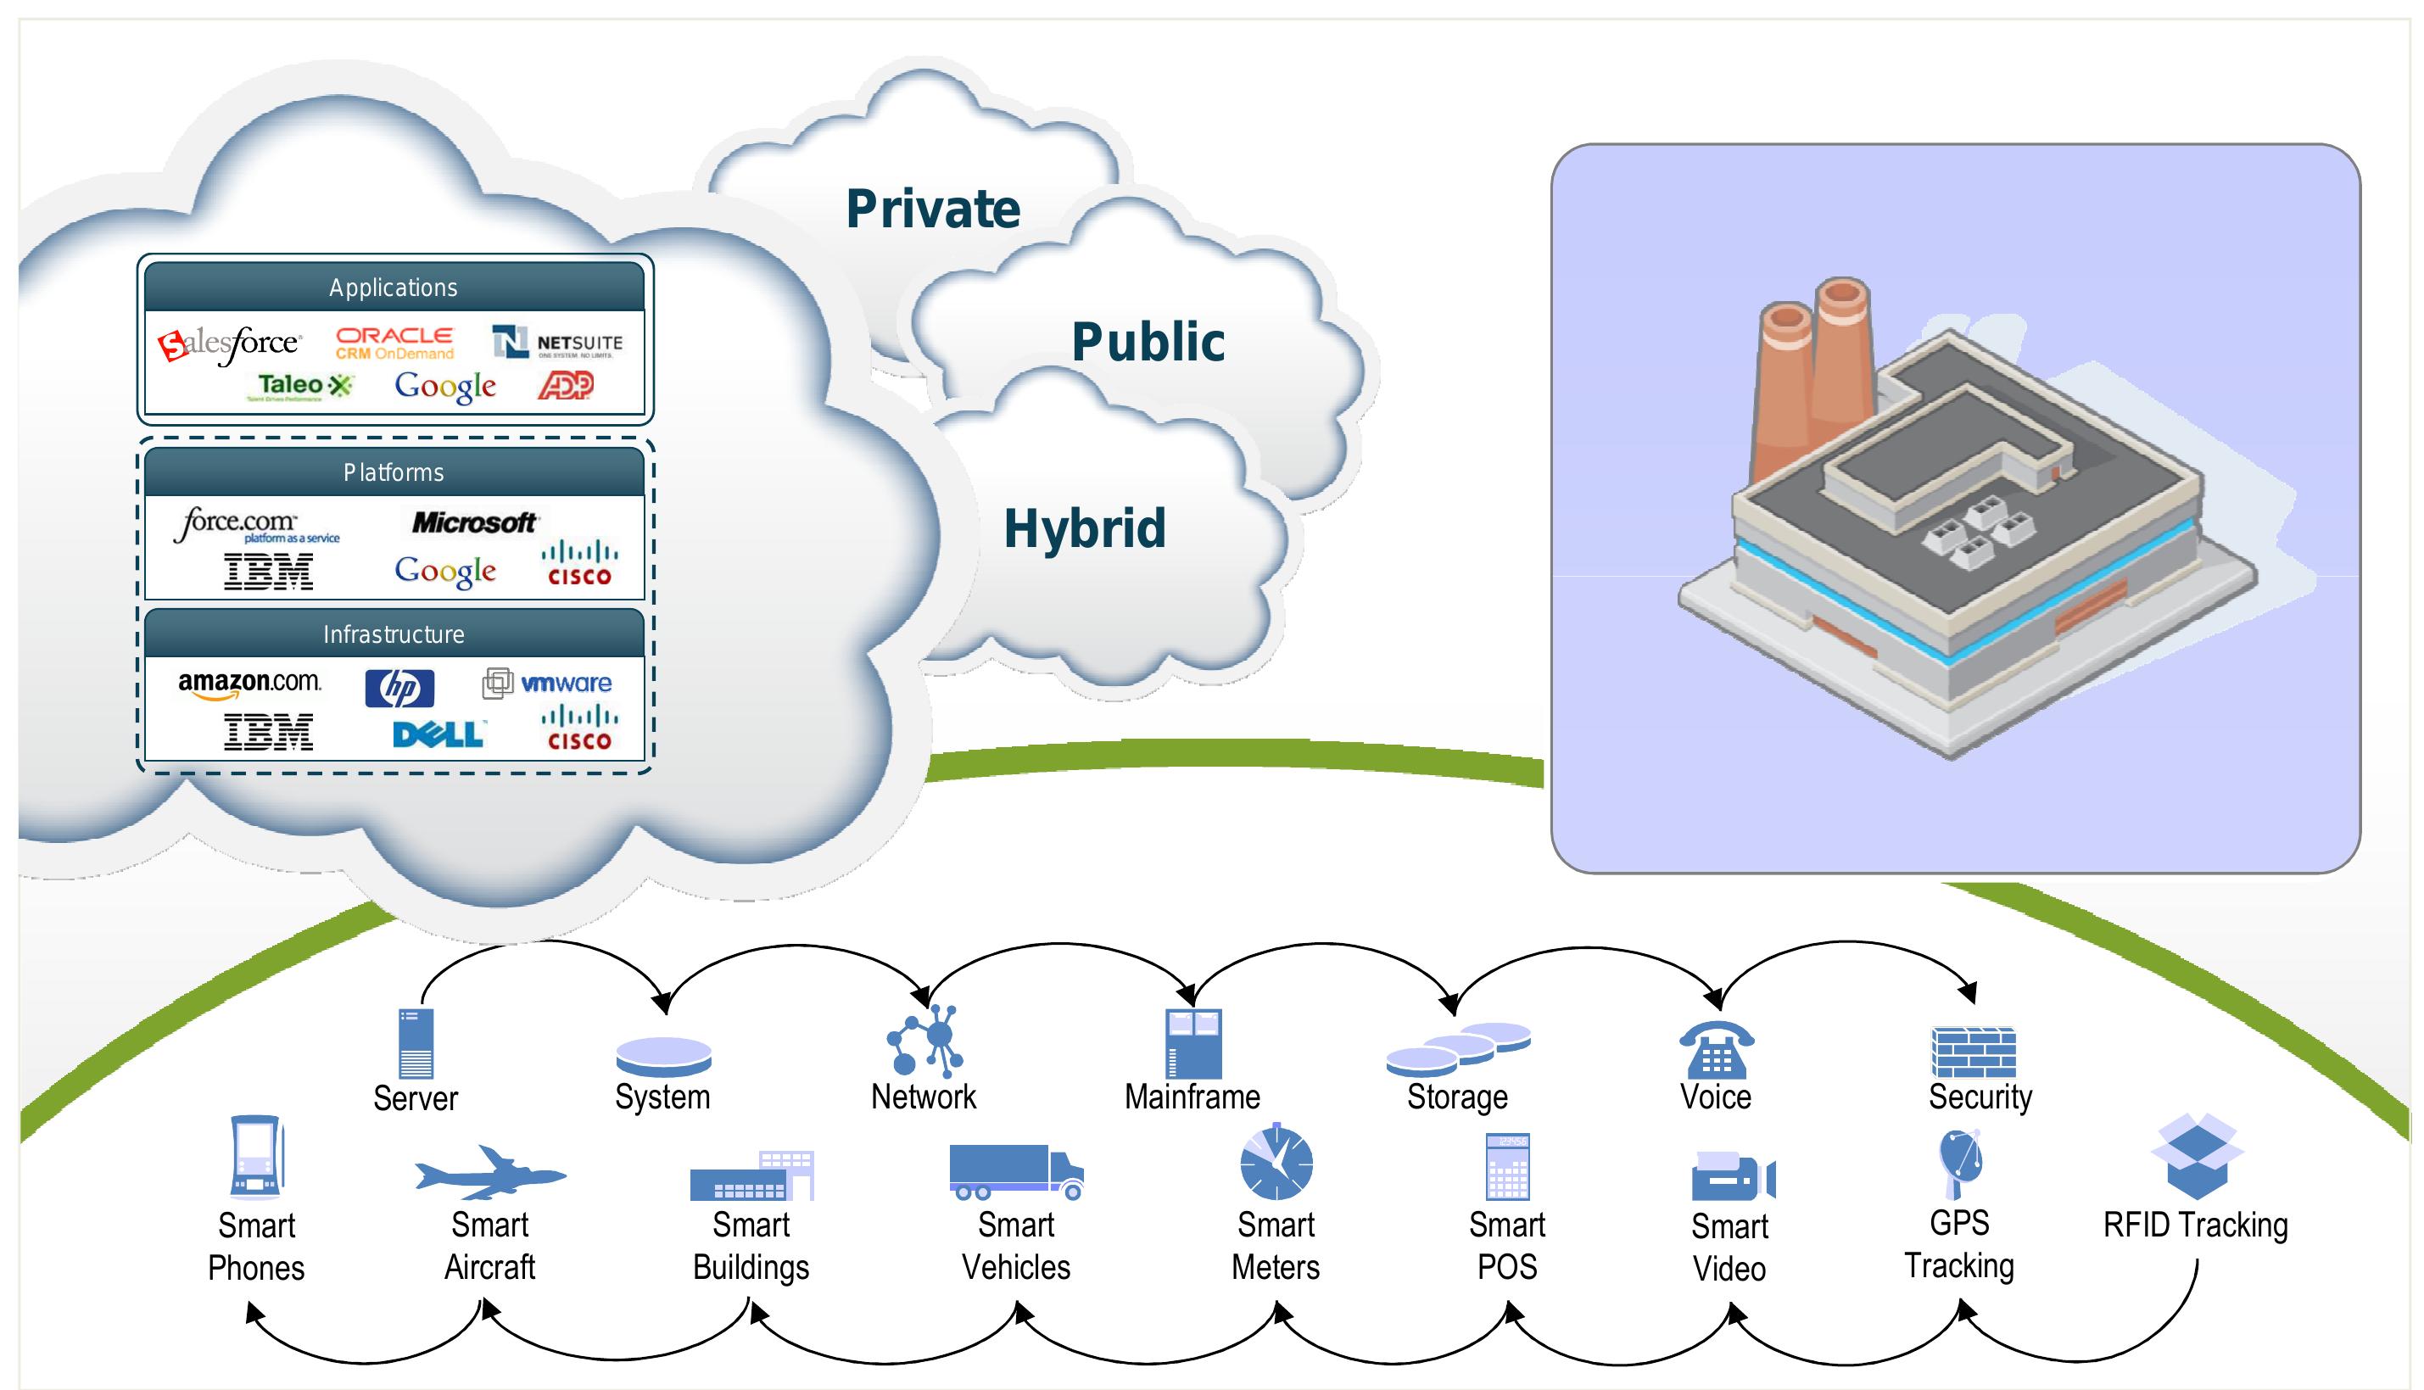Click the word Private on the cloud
933,209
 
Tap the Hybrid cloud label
1085,528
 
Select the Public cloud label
1148,342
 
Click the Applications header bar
394,287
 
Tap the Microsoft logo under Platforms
473,522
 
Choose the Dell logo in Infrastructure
438,734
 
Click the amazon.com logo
249,684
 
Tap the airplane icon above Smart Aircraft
489,1173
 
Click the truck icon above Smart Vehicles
1016,1171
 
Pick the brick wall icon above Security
1973,1052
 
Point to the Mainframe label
1192,1097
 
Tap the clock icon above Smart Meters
1276,1163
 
